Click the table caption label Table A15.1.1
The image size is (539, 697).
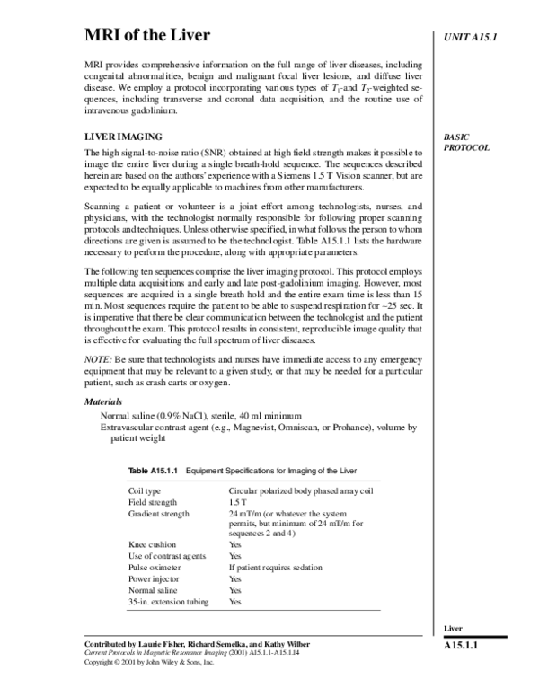point(154,471)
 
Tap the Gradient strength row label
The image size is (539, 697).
point(159,514)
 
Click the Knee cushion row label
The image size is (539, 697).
point(152,544)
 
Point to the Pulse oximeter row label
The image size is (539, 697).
point(155,568)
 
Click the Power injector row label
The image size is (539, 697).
point(154,578)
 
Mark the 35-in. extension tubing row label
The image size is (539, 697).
point(168,601)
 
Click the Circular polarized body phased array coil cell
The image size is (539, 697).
point(294,491)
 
